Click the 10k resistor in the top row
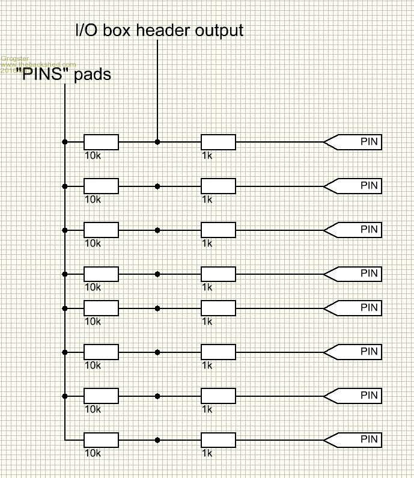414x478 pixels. pyautogui.click(x=101, y=142)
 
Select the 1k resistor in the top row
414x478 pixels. pyautogui.click(x=218, y=142)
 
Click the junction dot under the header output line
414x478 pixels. pyautogui.click(x=157, y=142)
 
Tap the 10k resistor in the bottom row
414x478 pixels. pyautogui.click(x=101, y=440)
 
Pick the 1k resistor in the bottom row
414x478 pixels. pyautogui.click(x=218, y=440)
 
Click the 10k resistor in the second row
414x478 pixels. pyautogui.click(x=101, y=186)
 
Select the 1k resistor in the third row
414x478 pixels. pyautogui.click(x=218, y=230)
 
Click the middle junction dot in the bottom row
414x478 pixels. pyautogui.click(x=157, y=440)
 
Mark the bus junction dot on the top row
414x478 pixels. pyautogui.click(x=64, y=142)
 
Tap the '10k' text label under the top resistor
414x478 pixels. pyautogui.click(x=93, y=155)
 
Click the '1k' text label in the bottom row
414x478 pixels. pyautogui.click(x=207, y=453)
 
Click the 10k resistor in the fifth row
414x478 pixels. pyautogui.click(x=101, y=308)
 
